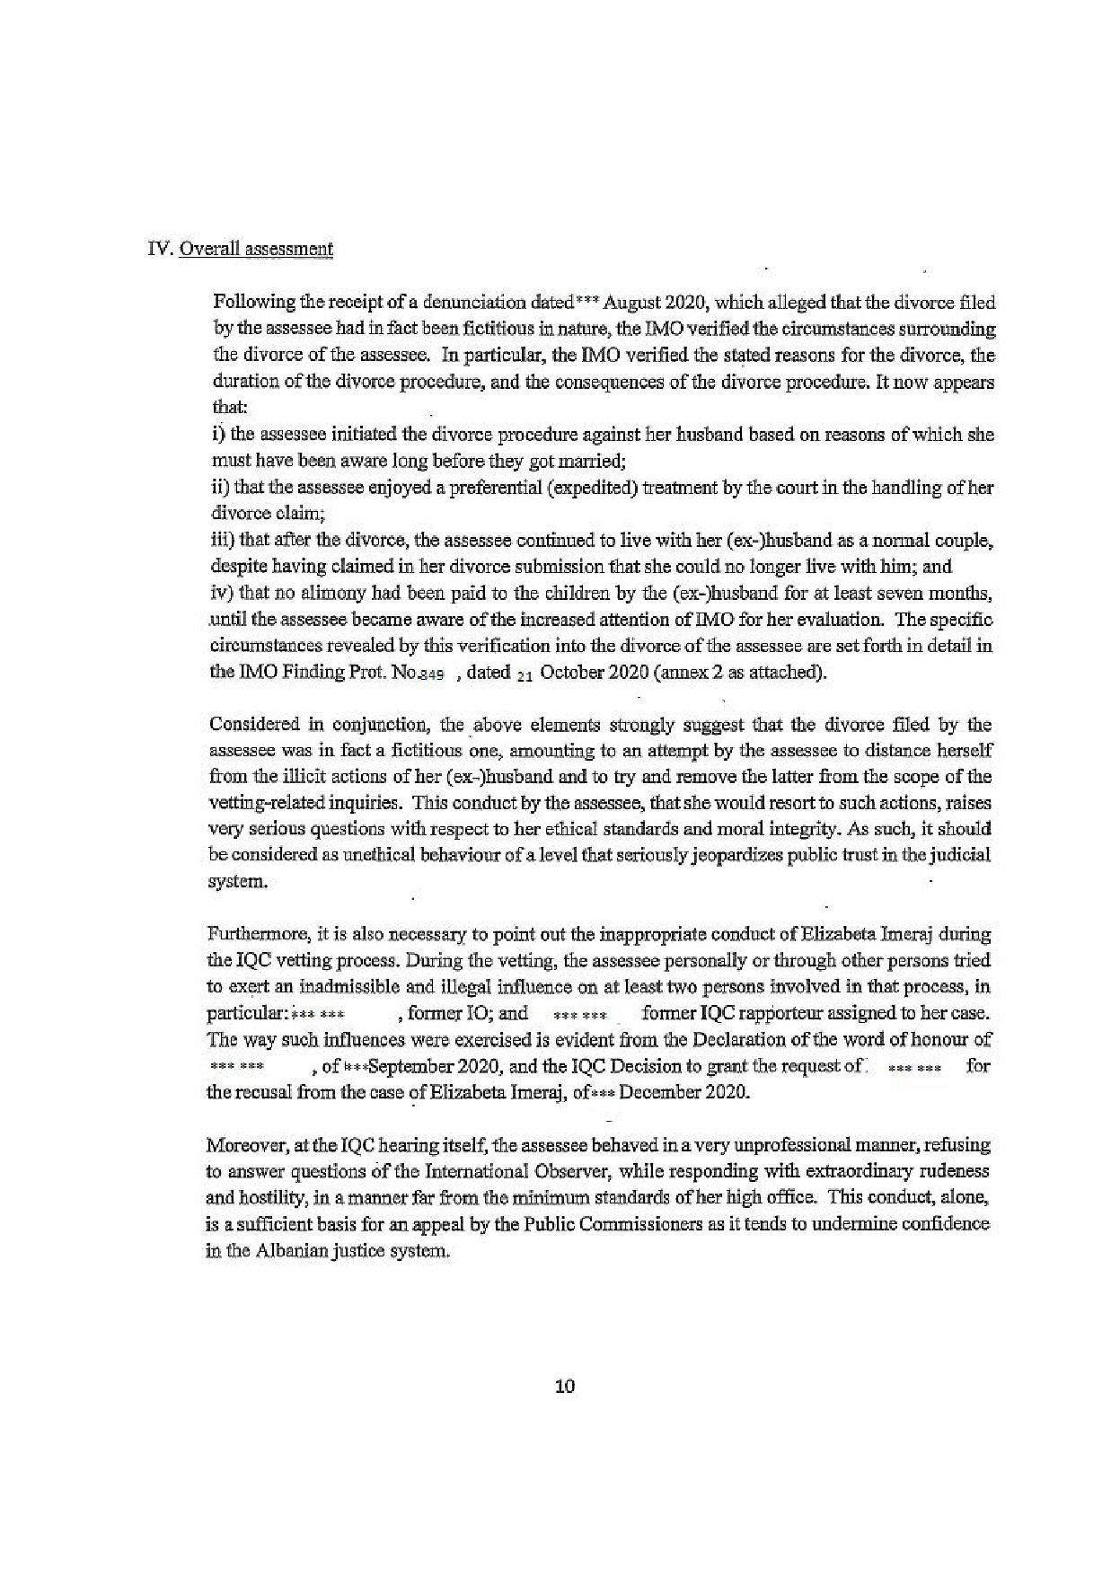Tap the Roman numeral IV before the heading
point(159,250)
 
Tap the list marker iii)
point(222,541)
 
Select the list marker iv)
point(222,593)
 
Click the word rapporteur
point(778,1013)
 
